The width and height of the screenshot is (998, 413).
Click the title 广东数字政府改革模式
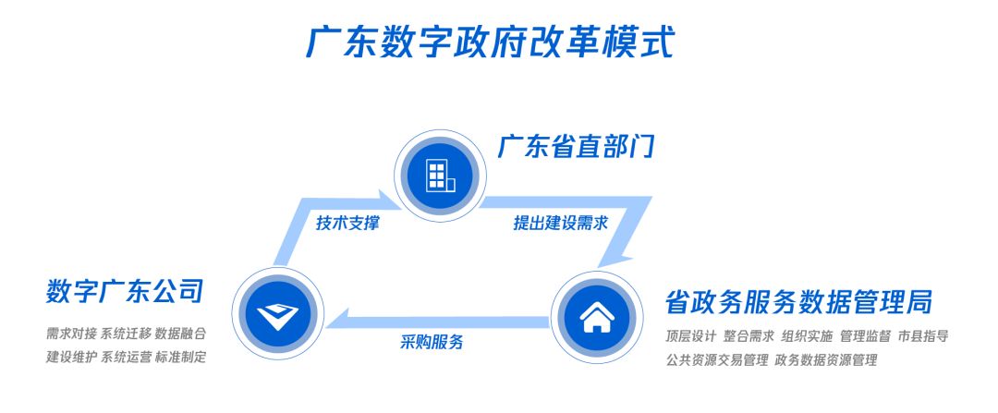click(490, 42)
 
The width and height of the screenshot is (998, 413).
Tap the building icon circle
click(441, 176)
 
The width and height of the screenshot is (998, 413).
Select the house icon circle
click(597, 317)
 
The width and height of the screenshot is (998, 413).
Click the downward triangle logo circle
click(278, 314)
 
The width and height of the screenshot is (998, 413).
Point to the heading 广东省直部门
click(577, 147)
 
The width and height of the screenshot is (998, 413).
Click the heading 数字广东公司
click(125, 291)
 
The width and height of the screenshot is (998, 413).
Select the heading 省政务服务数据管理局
click(798, 301)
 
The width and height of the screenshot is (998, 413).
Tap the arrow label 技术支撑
click(347, 224)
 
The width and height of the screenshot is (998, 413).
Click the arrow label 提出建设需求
click(561, 224)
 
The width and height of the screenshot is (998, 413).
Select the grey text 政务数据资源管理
click(825, 359)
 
